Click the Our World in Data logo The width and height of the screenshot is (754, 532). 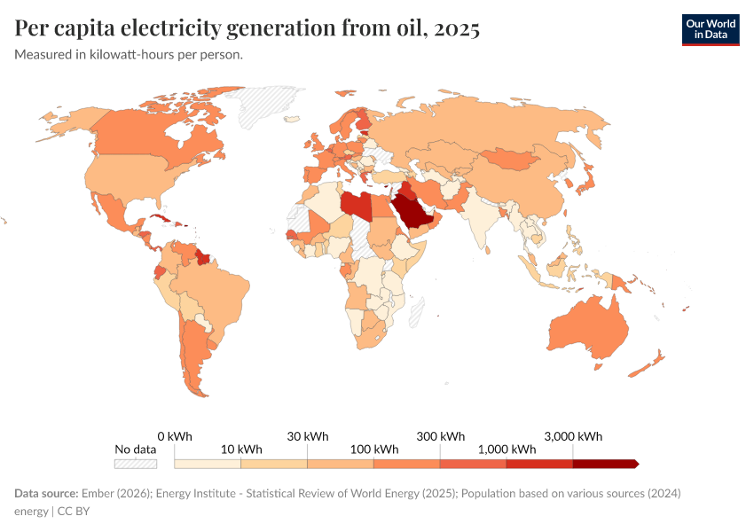tap(710, 28)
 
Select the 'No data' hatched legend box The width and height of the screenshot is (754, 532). tap(136, 463)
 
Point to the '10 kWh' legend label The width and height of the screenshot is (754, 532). tap(241, 449)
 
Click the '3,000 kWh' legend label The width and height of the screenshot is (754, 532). tap(572, 436)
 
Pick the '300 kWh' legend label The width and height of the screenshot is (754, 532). tap(440, 436)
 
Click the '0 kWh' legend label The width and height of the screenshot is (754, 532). tap(175, 436)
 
